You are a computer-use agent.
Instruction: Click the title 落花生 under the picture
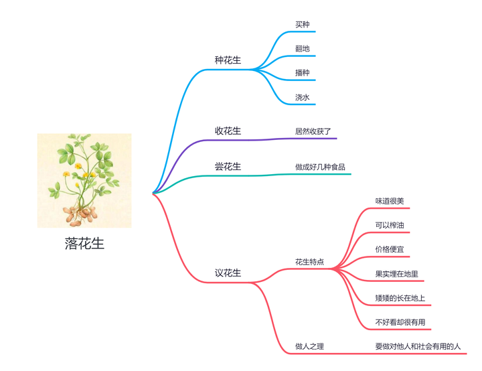click(84, 244)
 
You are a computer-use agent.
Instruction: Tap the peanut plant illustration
click(84, 179)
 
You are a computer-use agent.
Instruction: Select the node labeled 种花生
click(228, 60)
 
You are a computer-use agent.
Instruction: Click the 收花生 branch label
click(228, 131)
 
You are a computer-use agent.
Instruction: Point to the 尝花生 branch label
click(228, 166)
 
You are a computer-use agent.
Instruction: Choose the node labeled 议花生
click(228, 273)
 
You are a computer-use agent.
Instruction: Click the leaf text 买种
click(303, 25)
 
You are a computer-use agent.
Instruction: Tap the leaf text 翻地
click(303, 49)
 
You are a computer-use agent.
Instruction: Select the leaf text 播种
click(303, 72)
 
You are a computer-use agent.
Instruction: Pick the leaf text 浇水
click(303, 97)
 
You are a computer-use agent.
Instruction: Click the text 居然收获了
click(313, 131)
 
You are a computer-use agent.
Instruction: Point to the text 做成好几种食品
click(320, 167)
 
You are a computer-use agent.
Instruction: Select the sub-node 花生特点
click(309, 262)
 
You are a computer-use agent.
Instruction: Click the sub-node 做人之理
click(309, 346)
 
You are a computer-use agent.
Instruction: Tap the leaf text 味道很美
click(390, 201)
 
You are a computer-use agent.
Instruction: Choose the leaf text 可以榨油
click(390, 225)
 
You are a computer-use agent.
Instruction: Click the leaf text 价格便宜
click(390, 249)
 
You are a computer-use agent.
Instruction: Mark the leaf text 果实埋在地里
click(397, 274)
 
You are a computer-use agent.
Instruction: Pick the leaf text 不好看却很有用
click(400, 322)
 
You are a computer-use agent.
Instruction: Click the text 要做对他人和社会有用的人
click(418, 346)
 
